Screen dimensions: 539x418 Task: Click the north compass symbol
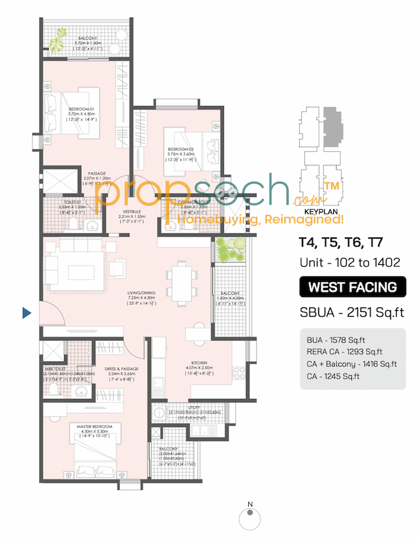click(249, 518)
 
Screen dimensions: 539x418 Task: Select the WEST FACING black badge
click(352, 287)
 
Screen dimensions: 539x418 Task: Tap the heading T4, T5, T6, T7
click(340, 243)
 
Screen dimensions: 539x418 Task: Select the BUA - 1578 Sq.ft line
click(332, 340)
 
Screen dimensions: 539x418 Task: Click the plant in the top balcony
click(54, 44)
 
